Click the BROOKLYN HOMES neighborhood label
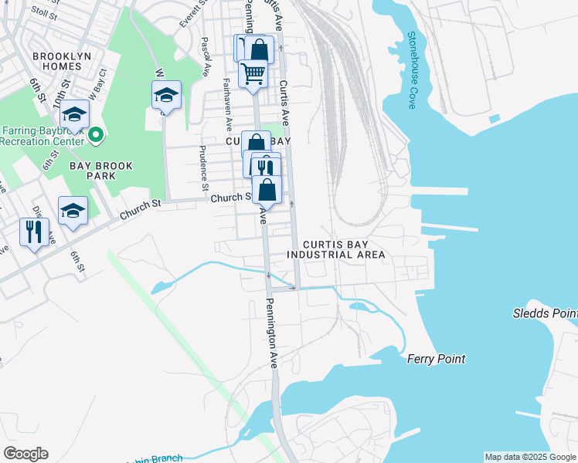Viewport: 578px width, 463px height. point(62,61)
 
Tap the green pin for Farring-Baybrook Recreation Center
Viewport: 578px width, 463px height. point(96,135)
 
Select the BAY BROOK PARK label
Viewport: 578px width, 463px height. point(102,171)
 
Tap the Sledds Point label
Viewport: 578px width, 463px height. point(545,313)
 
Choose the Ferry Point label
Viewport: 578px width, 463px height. point(437,359)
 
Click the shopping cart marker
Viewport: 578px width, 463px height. point(253,75)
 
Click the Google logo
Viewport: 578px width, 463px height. point(25,454)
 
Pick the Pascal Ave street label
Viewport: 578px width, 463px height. point(206,57)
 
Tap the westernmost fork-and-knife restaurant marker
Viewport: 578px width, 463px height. point(34,231)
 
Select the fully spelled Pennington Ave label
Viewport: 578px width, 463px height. point(273,332)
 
